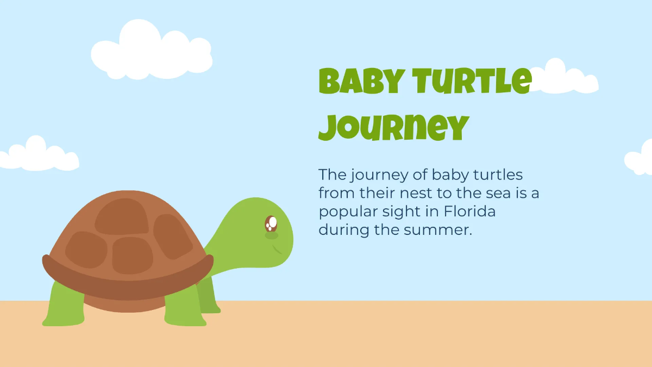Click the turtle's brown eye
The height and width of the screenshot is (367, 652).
click(271, 223)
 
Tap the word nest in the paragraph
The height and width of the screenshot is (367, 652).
click(407, 194)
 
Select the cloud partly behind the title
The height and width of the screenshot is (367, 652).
click(565, 79)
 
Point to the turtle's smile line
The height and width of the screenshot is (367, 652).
click(277, 250)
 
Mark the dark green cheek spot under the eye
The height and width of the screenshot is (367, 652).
click(271, 236)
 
